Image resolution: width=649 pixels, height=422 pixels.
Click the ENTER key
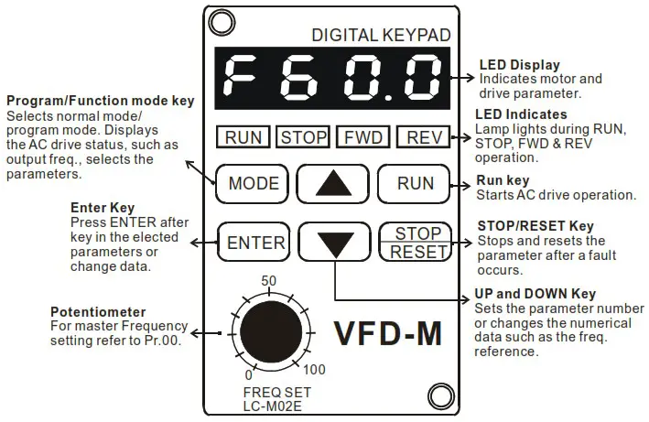pyautogui.click(x=256, y=243)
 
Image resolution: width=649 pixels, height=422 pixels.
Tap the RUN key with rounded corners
pyautogui.click(x=415, y=183)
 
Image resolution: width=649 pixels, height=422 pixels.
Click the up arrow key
pyautogui.click(x=334, y=183)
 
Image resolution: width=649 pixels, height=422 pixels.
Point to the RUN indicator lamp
pyautogui.click(x=243, y=138)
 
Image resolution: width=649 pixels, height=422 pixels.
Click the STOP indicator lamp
pyautogui.click(x=303, y=138)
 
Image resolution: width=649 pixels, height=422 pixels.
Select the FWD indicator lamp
pyautogui.click(x=363, y=138)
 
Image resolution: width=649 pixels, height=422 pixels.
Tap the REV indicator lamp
pyautogui.click(x=424, y=138)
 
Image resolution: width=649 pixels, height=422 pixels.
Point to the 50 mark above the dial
pyautogui.click(x=269, y=280)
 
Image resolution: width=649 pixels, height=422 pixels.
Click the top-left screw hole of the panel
pyautogui.click(x=218, y=21)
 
